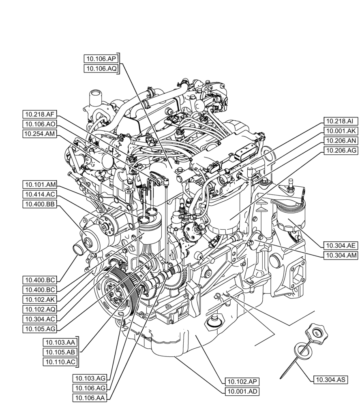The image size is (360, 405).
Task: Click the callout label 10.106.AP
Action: [x=101, y=58]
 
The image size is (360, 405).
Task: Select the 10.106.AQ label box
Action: [x=101, y=69]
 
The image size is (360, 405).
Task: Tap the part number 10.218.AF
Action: [x=40, y=114]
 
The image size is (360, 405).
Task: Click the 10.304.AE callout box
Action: [x=341, y=245]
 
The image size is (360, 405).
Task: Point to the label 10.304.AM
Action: [x=341, y=255]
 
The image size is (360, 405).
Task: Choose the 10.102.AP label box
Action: [x=242, y=382]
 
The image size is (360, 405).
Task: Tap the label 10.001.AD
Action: [x=242, y=392]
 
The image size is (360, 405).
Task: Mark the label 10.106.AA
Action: [x=90, y=398]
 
